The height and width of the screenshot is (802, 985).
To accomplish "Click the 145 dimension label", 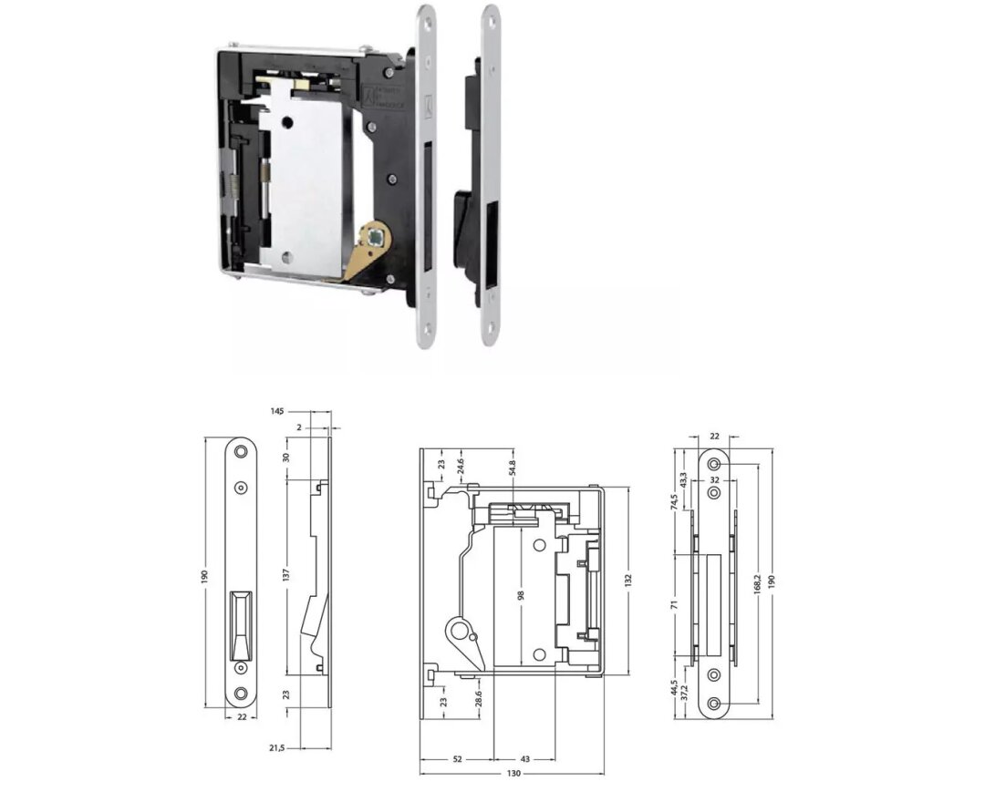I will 276,412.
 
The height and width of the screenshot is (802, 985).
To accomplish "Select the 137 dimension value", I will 285,577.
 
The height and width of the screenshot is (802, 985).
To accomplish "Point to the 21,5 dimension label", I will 276,747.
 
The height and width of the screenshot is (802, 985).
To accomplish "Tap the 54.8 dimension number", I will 513,468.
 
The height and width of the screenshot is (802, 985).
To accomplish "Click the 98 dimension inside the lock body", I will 520,595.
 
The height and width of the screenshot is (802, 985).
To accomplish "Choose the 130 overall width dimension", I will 513,773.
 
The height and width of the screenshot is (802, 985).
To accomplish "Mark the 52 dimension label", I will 456,759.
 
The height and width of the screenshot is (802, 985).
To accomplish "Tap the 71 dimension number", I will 675,603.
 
